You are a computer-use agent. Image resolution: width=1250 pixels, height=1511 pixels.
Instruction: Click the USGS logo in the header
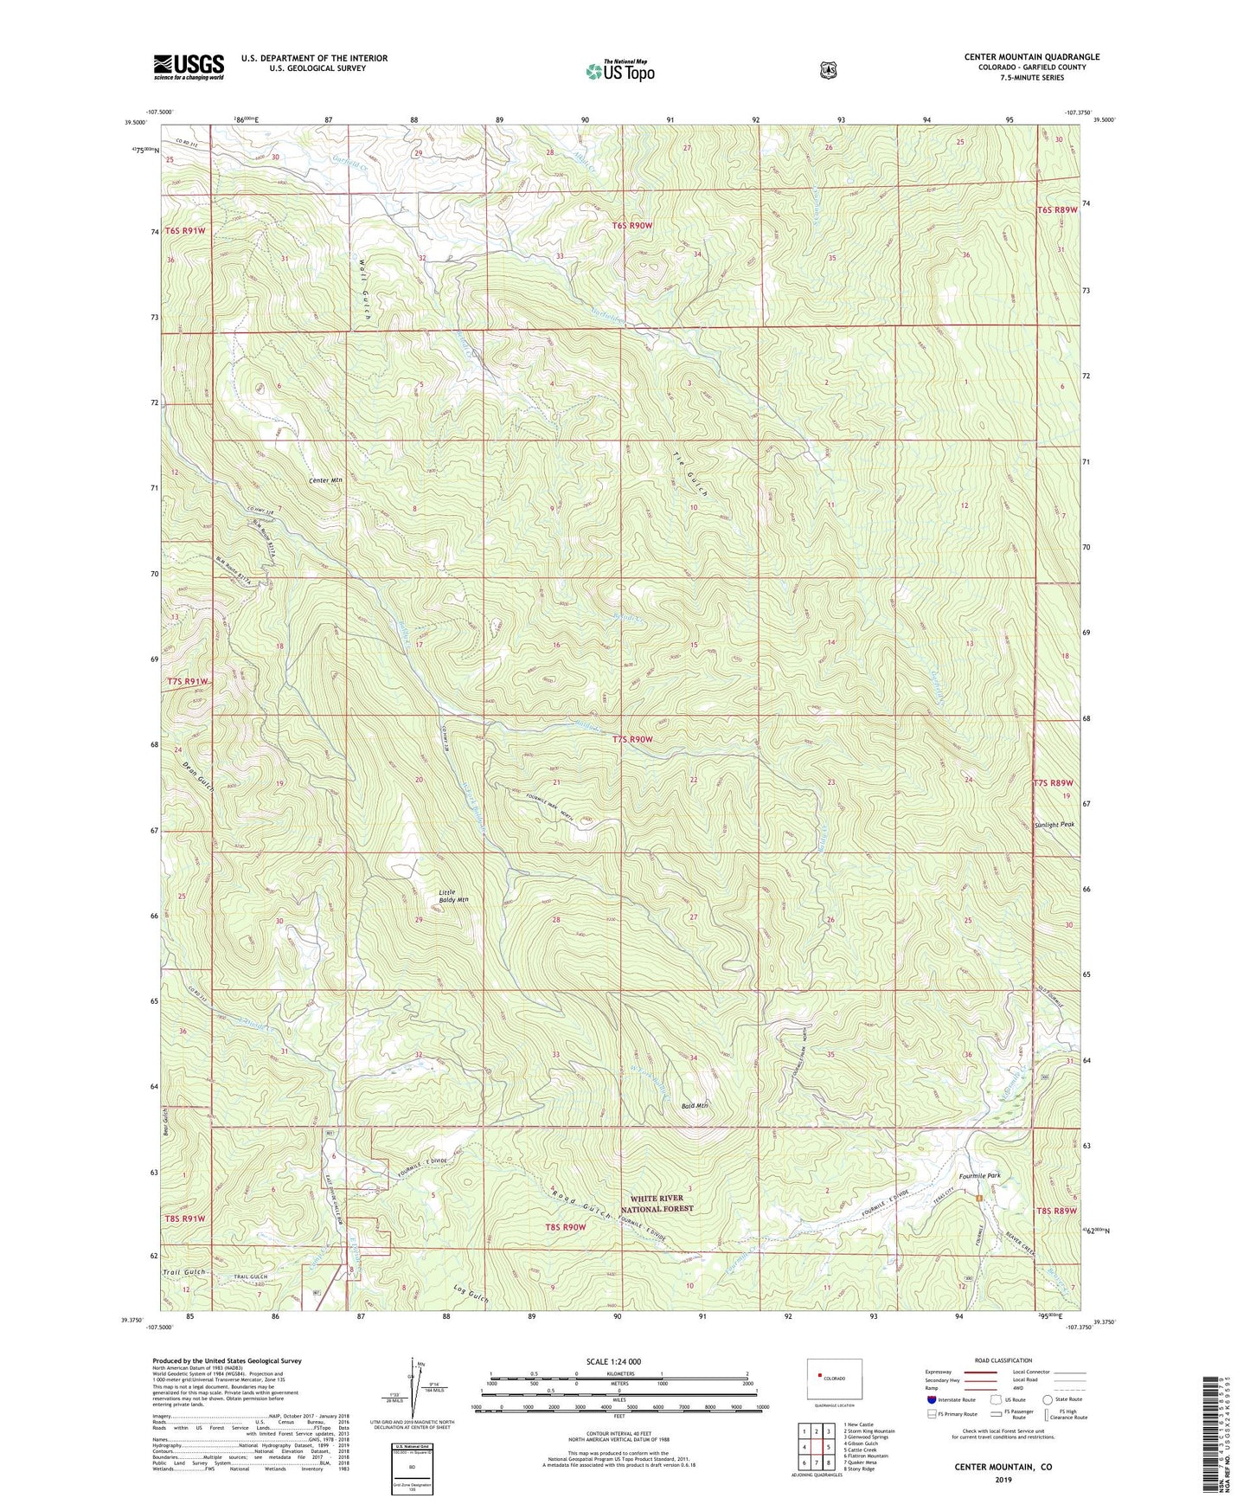click(189, 67)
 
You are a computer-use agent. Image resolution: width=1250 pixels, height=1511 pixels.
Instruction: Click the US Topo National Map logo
click(619, 70)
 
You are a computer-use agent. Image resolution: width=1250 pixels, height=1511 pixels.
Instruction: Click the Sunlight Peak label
click(1054, 825)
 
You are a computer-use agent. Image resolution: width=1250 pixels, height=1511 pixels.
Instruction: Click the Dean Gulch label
click(198, 775)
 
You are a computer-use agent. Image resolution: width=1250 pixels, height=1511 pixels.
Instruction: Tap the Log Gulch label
click(471, 1295)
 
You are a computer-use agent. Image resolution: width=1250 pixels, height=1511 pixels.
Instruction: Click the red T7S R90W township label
click(632, 740)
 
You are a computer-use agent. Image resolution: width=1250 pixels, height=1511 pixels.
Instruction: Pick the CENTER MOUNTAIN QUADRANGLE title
click(1031, 57)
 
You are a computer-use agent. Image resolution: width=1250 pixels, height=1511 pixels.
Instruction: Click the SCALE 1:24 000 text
click(620, 1361)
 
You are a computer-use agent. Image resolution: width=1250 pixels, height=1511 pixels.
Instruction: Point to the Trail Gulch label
click(184, 1271)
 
